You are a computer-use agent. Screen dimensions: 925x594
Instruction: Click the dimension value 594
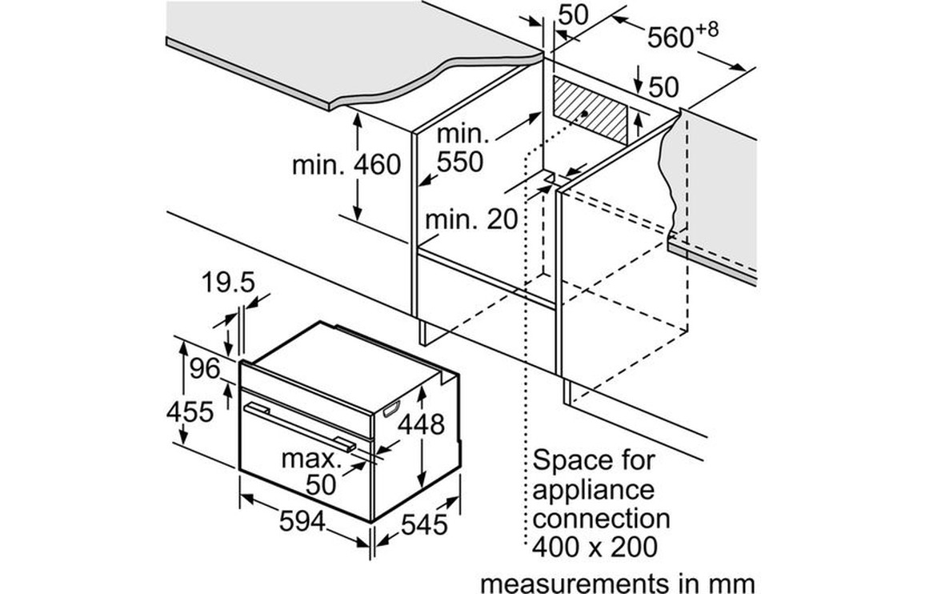pyautogui.click(x=302, y=521)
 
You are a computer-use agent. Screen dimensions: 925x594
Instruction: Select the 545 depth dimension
pyautogui.click(x=424, y=524)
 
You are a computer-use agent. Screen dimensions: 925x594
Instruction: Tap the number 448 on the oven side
pyautogui.click(x=421, y=424)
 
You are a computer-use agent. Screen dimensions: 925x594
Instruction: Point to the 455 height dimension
pyautogui.click(x=190, y=411)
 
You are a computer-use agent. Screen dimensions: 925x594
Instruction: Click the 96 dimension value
pyautogui.click(x=205, y=369)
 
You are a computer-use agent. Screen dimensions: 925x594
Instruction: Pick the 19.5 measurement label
pyautogui.click(x=228, y=283)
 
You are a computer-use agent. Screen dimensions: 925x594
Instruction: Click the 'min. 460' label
pyautogui.click(x=346, y=165)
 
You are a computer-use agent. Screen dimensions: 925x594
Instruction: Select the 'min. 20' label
pyautogui.click(x=471, y=219)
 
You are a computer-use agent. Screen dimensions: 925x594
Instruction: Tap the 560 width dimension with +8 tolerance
pyautogui.click(x=683, y=35)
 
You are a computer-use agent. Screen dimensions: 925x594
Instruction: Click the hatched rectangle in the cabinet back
pyautogui.click(x=590, y=110)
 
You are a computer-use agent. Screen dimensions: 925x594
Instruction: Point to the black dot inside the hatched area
pyautogui.click(x=583, y=113)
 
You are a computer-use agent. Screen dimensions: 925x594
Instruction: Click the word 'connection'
pyautogui.click(x=601, y=519)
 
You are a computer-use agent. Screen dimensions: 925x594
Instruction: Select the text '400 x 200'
pyautogui.click(x=595, y=547)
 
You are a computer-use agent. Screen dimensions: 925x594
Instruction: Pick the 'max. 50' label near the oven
pyautogui.click(x=311, y=472)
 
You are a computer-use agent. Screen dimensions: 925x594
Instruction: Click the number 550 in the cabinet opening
pyautogui.click(x=460, y=161)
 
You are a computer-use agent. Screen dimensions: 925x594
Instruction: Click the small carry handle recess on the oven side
pyautogui.click(x=391, y=408)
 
